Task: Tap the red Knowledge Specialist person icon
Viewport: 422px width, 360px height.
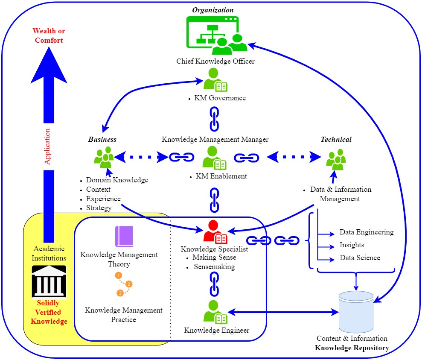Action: [215, 233]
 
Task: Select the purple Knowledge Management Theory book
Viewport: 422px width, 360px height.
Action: [124, 237]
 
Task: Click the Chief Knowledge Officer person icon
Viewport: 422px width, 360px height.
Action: [215, 80]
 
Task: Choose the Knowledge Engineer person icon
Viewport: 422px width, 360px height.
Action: [215, 312]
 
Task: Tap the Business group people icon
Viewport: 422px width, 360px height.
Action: [104, 157]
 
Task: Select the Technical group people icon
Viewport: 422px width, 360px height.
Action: [336, 158]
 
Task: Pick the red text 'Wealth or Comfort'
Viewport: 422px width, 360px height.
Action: [49, 36]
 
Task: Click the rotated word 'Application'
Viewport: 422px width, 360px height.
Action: [48, 146]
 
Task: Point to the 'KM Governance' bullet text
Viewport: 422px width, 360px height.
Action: [220, 98]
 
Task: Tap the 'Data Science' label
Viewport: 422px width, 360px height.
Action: [360, 258]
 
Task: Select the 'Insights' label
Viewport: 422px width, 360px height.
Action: [352, 245]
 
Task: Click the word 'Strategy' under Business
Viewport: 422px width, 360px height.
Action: [99, 208]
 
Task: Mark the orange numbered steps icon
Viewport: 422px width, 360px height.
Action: [124, 284]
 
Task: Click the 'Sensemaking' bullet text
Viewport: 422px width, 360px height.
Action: [214, 267]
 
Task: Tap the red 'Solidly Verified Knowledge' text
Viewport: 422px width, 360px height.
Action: [49, 312]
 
